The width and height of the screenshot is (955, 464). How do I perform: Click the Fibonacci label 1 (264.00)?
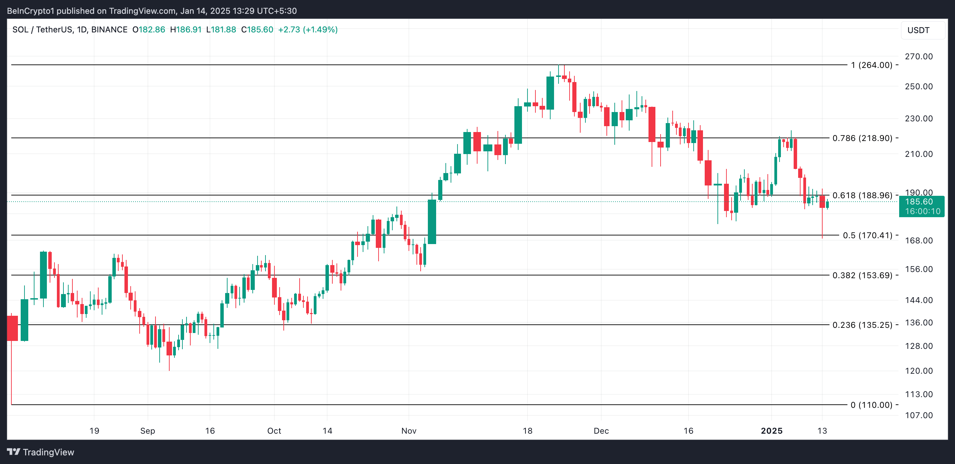tap(871, 65)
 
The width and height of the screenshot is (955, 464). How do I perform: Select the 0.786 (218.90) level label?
tap(862, 138)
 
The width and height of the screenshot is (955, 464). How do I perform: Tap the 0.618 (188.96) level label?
tap(862, 195)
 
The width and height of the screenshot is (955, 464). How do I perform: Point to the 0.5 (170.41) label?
tap(867, 235)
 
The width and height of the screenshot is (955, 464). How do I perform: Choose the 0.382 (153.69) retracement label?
tap(862, 275)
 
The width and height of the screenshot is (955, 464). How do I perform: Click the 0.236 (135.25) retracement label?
tap(862, 325)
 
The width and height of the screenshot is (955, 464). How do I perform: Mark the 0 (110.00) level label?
tap(871, 405)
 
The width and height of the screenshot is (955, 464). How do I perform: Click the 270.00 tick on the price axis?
tap(919, 57)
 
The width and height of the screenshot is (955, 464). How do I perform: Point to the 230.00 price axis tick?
tap(919, 119)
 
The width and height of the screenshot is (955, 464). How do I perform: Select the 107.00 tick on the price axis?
tap(919, 415)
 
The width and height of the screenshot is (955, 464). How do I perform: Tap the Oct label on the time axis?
tap(274, 431)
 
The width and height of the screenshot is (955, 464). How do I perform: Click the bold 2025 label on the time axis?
tap(772, 431)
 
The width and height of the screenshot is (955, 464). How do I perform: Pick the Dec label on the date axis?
tap(601, 431)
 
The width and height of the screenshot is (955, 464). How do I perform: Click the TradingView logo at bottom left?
tap(41, 452)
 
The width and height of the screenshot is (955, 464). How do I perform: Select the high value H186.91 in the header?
tap(186, 30)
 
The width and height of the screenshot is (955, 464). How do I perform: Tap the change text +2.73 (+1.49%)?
tap(308, 30)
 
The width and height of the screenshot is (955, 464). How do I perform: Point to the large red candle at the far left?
tap(12, 328)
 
